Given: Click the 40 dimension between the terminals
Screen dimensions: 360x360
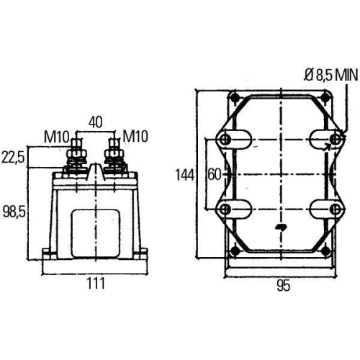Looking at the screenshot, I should click(x=96, y=122).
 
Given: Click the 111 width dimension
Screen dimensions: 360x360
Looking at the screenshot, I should click(x=96, y=284).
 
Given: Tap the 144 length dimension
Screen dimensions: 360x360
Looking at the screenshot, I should click(x=184, y=175).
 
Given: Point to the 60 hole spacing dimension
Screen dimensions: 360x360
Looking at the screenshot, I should click(x=214, y=175).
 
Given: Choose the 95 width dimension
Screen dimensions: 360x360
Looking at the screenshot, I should click(x=282, y=285).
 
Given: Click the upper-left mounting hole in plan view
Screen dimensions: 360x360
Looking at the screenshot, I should click(x=224, y=139).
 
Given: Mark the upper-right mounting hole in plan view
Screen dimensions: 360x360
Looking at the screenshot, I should click(x=334, y=139).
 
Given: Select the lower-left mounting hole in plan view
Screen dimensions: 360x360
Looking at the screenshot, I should click(x=224, y=209).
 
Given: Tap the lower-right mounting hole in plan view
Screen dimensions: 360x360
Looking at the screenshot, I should click(x=334, y=209).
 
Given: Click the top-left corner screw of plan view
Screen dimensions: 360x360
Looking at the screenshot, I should click(x=233, y=98).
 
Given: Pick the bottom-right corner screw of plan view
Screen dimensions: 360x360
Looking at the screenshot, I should click(x=325, y=251).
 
